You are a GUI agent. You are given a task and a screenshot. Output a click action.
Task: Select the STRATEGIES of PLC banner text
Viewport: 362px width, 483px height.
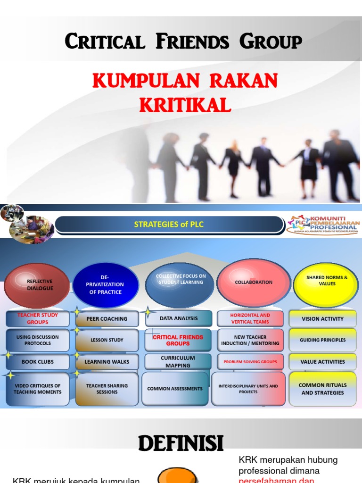click(x=169, y=225)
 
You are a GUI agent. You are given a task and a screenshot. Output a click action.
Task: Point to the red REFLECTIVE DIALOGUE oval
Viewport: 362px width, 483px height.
click(x=37, y=285)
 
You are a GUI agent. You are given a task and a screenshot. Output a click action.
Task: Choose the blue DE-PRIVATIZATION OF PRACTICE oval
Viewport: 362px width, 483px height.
click(x=106, y=285)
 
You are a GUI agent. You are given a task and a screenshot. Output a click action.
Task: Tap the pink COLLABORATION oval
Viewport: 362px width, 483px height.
click(x=254, y=282)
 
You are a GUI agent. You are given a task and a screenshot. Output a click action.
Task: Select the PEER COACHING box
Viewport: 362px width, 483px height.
click(x=107, y=319)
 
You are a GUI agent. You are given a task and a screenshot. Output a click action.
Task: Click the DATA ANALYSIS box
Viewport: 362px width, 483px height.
click(x=179, y=318)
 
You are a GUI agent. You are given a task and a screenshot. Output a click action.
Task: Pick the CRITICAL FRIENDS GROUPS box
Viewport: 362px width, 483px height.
click(x=178, y=340)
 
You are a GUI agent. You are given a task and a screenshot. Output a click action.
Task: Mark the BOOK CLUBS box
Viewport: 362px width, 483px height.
click(x=38, y=362)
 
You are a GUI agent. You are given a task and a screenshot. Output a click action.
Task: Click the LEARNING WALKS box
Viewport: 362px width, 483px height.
click(x=107, y=362)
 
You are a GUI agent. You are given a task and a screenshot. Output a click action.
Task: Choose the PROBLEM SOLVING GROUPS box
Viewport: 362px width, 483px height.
click(x=250, y=362)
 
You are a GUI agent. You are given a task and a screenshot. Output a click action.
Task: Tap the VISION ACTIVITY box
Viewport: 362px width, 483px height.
click(x=323, y=319)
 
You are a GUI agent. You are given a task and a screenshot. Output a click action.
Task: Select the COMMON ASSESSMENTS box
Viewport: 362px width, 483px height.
click(x=175, y=389)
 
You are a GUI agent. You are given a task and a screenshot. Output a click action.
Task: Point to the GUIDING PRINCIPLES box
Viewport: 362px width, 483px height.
click(x=323, y=340)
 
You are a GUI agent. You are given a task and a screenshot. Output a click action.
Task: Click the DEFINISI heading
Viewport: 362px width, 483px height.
click(x=181, y=443)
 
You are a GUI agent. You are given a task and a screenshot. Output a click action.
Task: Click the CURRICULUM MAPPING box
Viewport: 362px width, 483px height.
click(x=178, y=362)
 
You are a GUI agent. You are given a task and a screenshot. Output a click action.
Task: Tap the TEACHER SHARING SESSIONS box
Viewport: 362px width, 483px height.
click(x=107, y=389)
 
